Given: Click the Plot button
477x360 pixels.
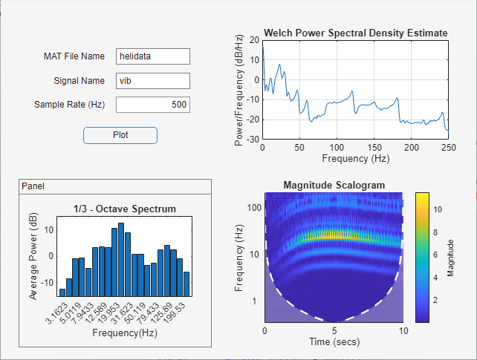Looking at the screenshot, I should [120, 135].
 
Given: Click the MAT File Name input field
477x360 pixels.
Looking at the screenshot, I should [153, 56].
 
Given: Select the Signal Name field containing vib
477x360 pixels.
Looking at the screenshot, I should [153, 80].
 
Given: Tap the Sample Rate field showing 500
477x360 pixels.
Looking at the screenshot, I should [153, 105].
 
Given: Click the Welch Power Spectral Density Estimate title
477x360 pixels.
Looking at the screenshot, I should [355, 33].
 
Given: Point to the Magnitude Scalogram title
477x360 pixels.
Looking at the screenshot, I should [333, 185].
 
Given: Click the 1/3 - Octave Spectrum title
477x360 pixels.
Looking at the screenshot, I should [125, 209].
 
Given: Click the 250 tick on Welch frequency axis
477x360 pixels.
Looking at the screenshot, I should [448, 148].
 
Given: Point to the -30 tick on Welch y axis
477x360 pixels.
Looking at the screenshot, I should [253, 140].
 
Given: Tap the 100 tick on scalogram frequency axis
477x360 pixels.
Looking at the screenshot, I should [253, 208].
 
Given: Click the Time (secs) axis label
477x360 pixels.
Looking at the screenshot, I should [335, 342].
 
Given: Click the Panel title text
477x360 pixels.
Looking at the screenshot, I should [33, 186].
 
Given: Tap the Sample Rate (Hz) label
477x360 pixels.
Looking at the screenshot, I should [69, 105].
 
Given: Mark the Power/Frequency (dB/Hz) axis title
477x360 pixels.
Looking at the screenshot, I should [239, 89].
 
